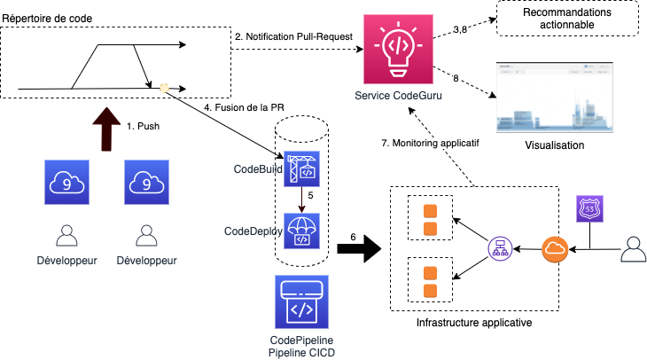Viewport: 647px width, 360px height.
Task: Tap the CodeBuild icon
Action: (x=301, y=169)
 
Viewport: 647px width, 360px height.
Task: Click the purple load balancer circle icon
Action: (x=501, y=250)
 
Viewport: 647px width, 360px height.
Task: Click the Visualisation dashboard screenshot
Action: (x=552, y=96)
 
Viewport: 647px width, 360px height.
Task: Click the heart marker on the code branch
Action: (x=164, y=87)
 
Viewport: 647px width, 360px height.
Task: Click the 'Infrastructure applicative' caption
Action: (x=474, y=324)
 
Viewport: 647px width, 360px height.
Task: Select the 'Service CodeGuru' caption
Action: (x=396, y=97)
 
